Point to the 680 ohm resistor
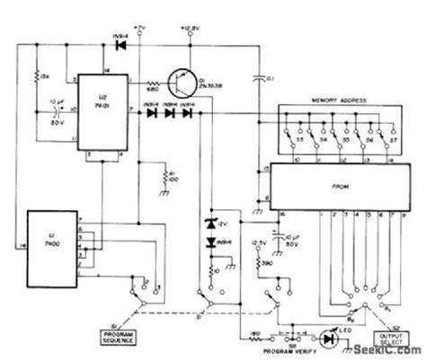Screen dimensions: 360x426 click(154, 83)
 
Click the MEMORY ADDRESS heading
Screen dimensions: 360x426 click(334, 101)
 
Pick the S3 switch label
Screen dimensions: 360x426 click(287, 141)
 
